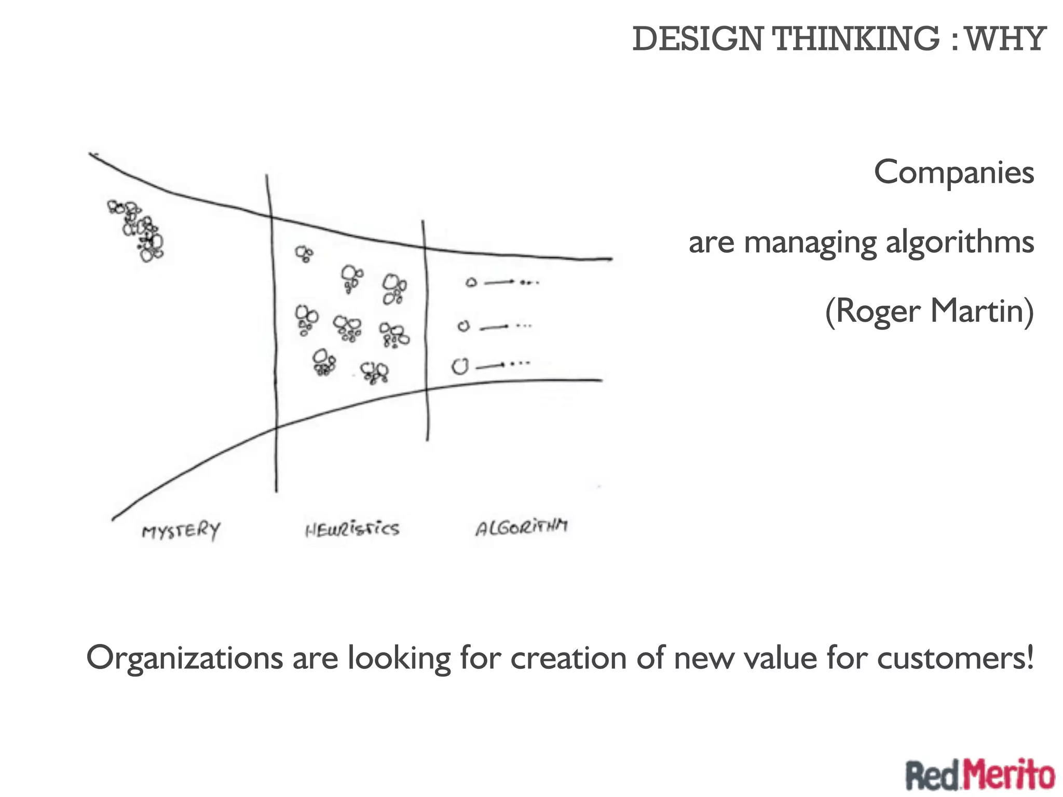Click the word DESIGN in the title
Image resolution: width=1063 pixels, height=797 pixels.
point(698,39)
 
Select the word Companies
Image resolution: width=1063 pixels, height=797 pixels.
point(953,172)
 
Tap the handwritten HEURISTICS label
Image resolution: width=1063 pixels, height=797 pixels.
point(352,529)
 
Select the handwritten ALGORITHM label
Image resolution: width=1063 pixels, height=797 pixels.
point(521,527)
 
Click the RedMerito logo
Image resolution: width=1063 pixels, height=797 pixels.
point(980,776)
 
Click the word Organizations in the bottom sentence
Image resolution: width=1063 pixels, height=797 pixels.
point(185,658)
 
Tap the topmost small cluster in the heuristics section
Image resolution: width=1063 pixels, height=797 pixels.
point(304,254)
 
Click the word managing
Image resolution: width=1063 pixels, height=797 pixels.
point(810,243)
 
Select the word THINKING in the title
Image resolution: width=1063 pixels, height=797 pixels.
point(856,39)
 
